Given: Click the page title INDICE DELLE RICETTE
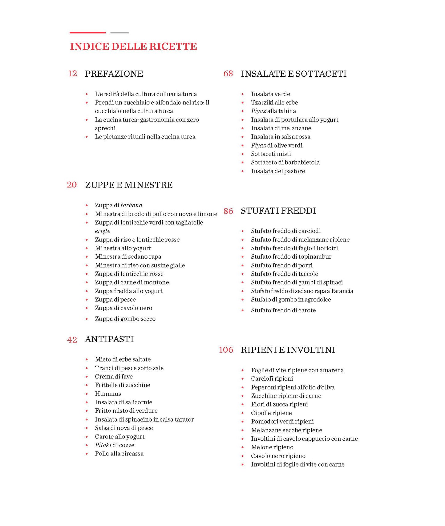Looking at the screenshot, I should (133, 47).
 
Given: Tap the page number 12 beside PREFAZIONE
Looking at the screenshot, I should (72, 74).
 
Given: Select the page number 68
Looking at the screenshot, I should (228, 74).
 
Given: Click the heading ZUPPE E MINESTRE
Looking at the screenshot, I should (129, 185).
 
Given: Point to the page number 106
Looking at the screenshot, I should (226, 350).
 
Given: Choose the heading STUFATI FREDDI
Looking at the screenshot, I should (278, 211).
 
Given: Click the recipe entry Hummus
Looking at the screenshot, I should (108, 394).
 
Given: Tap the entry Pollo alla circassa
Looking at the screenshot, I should (119, 454).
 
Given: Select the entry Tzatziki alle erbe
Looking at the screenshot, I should (274, 103).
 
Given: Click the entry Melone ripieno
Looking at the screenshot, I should (272, 447).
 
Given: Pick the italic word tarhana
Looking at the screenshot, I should (131, 205).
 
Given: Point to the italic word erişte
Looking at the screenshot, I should (103, 231).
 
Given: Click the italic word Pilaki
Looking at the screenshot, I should (103, 445).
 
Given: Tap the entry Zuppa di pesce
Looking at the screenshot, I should (115, 300).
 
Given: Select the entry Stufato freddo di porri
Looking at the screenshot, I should (281, 265).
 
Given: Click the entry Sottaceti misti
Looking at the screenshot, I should (271, 154).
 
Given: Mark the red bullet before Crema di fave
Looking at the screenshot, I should (87, 377).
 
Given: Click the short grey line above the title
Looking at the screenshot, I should (119, 32).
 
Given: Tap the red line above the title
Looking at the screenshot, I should (87, 32).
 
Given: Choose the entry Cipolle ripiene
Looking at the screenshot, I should (271, 413).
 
